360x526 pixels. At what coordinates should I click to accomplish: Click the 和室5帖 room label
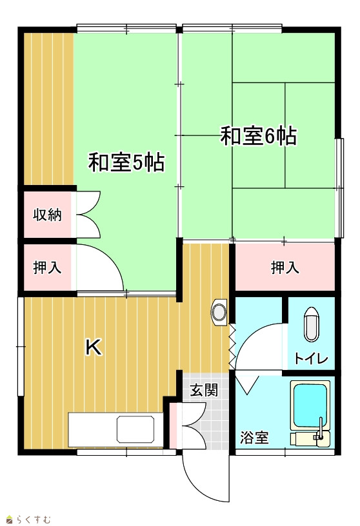click(126, 162)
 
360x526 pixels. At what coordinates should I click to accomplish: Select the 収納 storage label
click(47, 215)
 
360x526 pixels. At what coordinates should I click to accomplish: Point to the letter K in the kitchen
click(94, 347)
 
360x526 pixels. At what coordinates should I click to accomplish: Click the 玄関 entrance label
click(204, 390)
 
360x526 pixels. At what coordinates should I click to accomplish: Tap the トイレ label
click(312, 358)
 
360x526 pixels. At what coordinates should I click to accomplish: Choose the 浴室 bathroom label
click(254, 438)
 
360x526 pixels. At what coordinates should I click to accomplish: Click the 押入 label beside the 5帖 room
click(47, 268)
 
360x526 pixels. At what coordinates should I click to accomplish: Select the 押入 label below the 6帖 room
click(285, 268)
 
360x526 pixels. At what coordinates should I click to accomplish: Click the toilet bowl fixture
click(312, 324)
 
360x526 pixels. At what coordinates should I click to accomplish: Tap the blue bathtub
click(310, 405)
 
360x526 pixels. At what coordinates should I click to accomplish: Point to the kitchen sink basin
click(135, 429)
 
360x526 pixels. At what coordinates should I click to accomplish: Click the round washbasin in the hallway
click(219, 311)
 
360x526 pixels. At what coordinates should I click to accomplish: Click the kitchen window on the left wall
click(21, 346)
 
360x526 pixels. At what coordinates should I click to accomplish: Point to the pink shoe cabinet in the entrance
click(173, 425)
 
